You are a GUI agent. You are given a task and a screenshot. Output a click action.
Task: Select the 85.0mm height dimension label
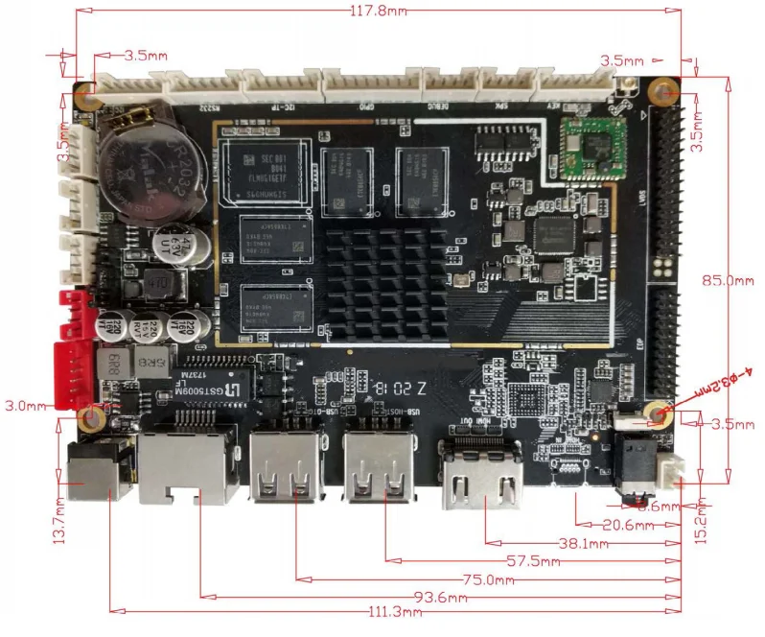(730, 281)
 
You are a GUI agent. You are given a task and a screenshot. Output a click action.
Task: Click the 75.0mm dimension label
(484, 579)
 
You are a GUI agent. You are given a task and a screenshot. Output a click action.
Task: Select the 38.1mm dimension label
(583, 544)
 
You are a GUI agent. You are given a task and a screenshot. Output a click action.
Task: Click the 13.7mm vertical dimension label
(58, 522)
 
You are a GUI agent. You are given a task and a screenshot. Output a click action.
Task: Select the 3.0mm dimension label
(25, 406)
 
